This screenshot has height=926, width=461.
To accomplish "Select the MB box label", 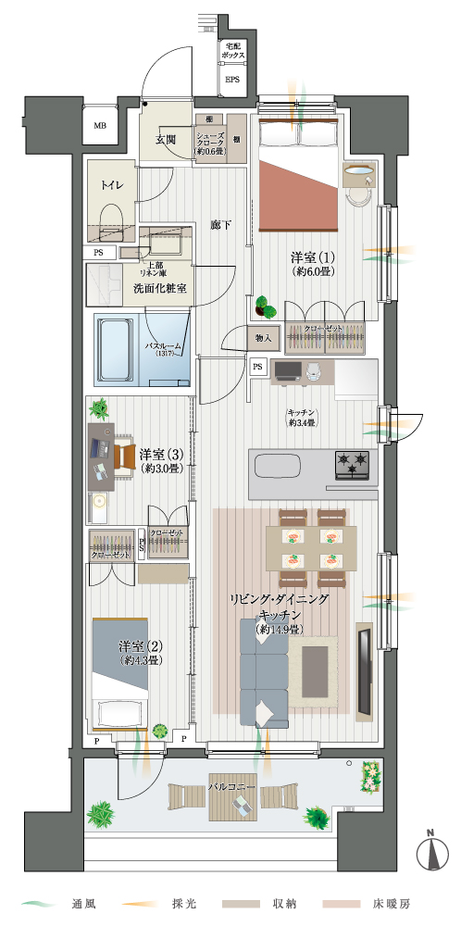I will pyautogui.click(x=99, y=126).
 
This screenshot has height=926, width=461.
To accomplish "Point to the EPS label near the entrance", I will pyautogui.click(x=232, y=80).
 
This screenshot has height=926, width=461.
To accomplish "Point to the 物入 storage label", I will pyautogui.click(x=263, y=339).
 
